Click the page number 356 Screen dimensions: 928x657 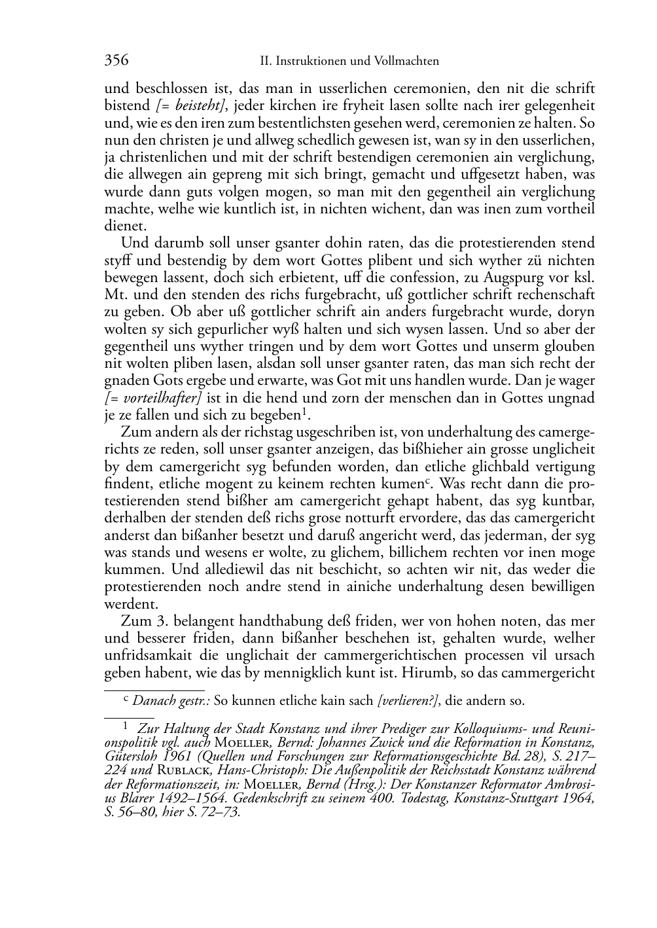coord(116,61)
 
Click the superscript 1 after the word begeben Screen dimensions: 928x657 coord(304,411)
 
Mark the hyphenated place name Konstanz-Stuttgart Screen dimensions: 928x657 coord(503,800)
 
